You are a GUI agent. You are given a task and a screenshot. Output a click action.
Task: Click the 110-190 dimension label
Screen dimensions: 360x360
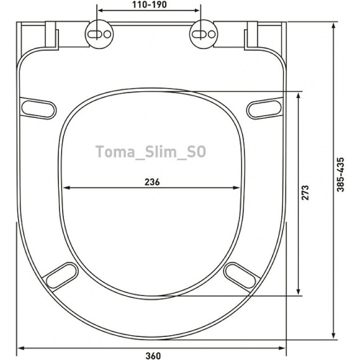[x=150, y=5]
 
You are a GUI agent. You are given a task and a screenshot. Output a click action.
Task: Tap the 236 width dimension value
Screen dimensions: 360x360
[x=152, y=182]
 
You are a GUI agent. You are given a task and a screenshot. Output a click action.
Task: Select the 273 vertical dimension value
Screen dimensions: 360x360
[x=305, y=192]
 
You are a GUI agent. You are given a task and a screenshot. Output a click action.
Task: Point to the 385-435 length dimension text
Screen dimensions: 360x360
[x=341, y=174]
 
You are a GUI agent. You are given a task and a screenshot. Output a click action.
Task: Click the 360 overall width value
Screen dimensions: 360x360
[x=153, y=356]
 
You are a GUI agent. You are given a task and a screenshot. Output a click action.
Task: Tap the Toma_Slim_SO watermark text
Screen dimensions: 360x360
[x=151, y=152]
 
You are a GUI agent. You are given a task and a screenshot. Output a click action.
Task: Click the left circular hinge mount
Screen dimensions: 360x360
[x=99, y=34]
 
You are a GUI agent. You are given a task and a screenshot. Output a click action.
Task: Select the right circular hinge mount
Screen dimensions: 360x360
[x=204, y=34]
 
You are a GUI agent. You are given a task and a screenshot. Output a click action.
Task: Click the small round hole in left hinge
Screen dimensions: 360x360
[x=107, y=34]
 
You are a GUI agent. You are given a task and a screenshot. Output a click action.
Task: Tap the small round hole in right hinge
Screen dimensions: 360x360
[x=212, y=34]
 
